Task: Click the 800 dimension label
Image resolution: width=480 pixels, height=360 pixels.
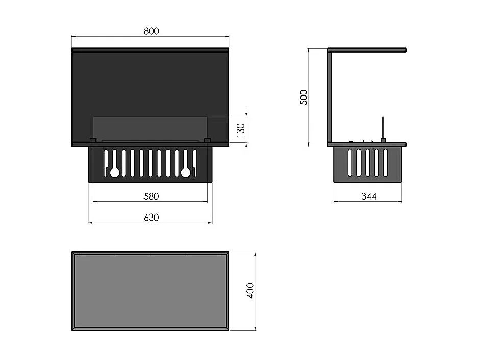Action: tap(151, 31)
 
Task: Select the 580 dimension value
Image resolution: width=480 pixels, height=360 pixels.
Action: tap(151, 196)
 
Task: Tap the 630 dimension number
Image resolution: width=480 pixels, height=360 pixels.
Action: tap(151, 218)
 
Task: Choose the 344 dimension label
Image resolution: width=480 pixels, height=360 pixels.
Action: tap(368, 196)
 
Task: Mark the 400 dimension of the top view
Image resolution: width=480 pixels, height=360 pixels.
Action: tap(250, 291)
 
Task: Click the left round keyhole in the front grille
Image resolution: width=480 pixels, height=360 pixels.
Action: tap(115, 173)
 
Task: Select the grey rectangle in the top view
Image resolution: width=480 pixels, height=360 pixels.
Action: tap(151, 291)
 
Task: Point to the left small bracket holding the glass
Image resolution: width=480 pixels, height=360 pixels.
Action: tap(93, 140)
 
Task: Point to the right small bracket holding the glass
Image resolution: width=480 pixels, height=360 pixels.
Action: tap(207, 140)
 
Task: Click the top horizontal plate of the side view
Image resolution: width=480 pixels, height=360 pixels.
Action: tap(368, 50)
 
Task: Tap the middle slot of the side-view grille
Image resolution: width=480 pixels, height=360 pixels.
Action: tap(368, 163)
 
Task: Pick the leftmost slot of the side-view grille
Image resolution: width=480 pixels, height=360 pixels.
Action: tap(350, 163)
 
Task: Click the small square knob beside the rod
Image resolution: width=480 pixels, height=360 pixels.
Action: tap(382, 140)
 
